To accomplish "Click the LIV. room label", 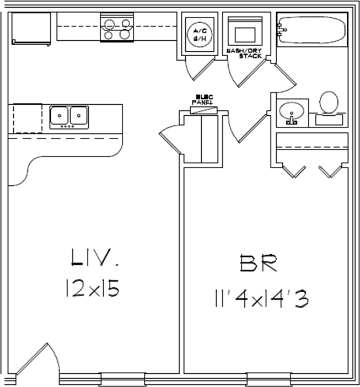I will [x=94, y=258].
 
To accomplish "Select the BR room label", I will [x=258, y=264].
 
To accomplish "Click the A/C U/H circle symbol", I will [x=197, y=35].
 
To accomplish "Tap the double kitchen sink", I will [x=69, y=116].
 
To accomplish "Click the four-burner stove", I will [x=117, y=28].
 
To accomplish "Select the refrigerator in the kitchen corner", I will [x=31, y=29].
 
